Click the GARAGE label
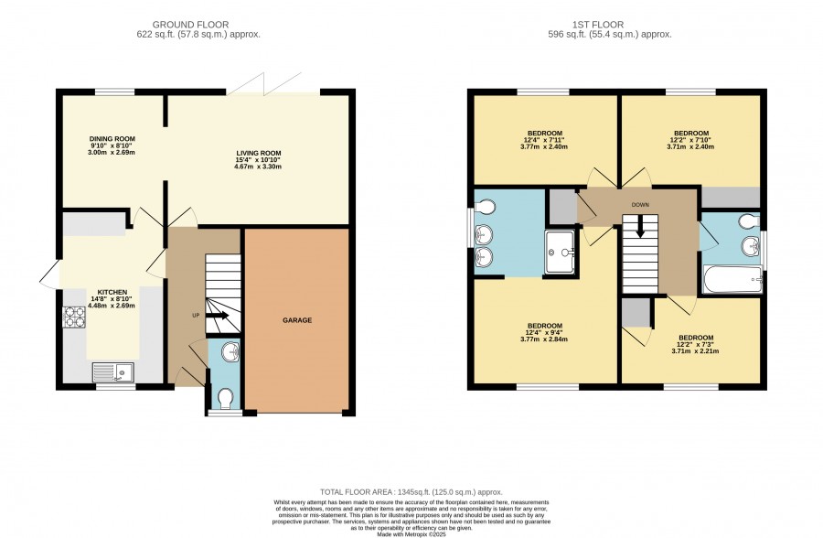pyautogui.click(x=297, y=320)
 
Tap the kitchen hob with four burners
pyautogui.click(x=74, y=317)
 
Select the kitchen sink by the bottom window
pyautogui.click(x=112, y=372)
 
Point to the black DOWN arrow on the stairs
pyautogui.click(x=640, y=226)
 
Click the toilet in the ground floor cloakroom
pyautogui.click(x=226, y=399)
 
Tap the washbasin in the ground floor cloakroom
pyautogui.click(x=230, y=352)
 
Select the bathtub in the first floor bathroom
pyautogui.click(x=732, y=279)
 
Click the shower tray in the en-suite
pyautogui.click(x=560, y=253)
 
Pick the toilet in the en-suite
pyautogui.click(x=485, y=207)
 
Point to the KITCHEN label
pyautogui.click(x=112, y=292)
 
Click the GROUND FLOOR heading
pyautogui.click(x=190, y=25)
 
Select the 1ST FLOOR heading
pyautogui.click(x=598, y=25)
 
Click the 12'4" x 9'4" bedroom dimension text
pyautogui.click(x=545, y=332)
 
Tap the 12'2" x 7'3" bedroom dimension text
pyautogui.click(x=696, y=344)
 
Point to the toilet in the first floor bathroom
pyautogui.click(x=749, y=221)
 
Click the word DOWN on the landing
pyautogui.click(x=640, y=205)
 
